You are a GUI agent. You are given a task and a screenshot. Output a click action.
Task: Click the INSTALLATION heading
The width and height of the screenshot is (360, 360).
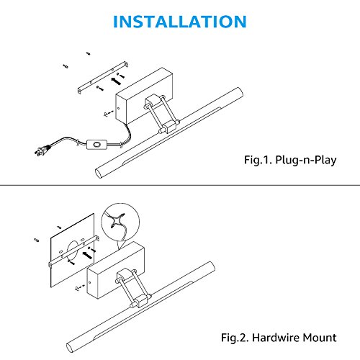pos(180,22)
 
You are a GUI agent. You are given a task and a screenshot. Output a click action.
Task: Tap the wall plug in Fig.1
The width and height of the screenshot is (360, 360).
pos(42,150)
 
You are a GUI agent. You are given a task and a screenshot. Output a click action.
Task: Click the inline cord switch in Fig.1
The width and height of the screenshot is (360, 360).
pos(96,145)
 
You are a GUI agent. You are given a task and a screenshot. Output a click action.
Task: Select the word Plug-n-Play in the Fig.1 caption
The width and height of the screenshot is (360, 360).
pos(305,160)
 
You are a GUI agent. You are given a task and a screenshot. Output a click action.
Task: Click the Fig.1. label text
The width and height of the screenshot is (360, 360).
pos(258,160)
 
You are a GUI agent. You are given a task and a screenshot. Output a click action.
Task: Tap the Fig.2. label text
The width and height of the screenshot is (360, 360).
pos(235,338)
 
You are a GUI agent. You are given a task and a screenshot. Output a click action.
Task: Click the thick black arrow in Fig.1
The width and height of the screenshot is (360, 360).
pos(116,81)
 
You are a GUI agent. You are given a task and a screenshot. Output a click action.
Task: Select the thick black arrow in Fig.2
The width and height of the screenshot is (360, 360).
pos(87,255)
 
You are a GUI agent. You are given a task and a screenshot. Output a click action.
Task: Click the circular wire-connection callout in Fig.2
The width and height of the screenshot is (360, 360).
pos(120,222)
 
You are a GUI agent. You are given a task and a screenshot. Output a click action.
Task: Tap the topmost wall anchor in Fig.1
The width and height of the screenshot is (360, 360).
pos(89,53)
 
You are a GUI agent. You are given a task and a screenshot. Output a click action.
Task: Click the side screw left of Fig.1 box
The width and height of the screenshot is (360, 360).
pos(108,113)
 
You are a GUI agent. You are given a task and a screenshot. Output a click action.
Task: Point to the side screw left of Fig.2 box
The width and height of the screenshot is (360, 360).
pos(80,287)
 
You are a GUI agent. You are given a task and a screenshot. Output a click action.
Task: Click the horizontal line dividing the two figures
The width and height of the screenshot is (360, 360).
pos(180,185)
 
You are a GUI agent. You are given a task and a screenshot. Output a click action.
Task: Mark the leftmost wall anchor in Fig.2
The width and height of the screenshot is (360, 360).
pos(37,240)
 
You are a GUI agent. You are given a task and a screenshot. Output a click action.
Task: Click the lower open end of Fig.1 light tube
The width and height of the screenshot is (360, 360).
pos(99,173)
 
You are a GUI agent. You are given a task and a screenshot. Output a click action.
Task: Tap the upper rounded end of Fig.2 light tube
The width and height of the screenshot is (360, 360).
pos(211,266)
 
